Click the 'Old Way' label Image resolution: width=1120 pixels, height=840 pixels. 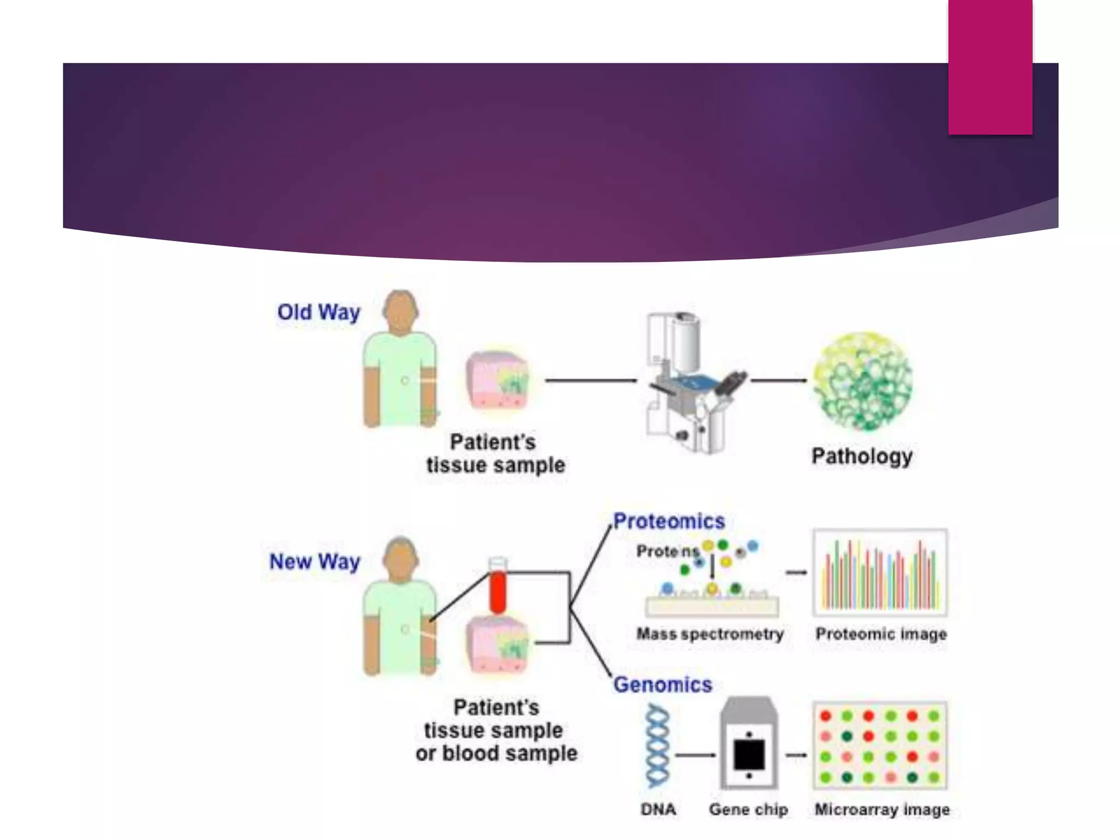click(318, 312)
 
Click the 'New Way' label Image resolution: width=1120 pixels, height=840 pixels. click(314, 562)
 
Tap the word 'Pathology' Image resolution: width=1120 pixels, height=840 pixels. click(862, 456)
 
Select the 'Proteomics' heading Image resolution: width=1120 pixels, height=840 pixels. click(669, 521)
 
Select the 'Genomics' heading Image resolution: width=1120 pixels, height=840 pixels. click(662, 685)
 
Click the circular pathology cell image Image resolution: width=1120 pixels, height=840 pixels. click(863, 381)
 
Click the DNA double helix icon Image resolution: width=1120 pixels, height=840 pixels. click(657, 746)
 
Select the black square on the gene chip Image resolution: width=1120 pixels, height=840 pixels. click(749, 755)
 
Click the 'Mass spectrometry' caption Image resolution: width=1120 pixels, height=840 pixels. click(710, 634)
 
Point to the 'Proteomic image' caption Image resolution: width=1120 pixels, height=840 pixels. click(880, 634)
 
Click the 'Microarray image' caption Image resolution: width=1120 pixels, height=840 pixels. click(882, 809)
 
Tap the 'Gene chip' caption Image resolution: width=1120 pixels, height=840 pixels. click(748, 809)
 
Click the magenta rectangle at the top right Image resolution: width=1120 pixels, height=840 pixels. click(990, 67)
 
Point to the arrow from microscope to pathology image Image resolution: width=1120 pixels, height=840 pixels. click(778, 380)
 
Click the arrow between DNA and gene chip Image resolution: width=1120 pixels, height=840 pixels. click(695, 755)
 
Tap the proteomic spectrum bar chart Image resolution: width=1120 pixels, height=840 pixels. click(880, 573)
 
